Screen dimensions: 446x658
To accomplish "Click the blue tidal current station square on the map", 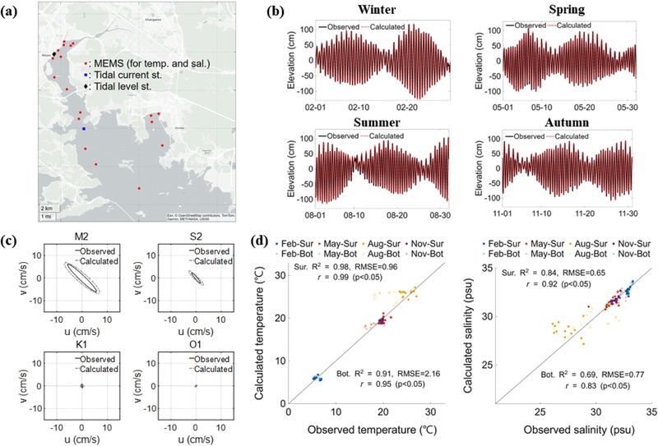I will pos(83,128).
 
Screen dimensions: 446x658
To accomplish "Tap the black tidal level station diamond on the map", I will pos(54,55).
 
